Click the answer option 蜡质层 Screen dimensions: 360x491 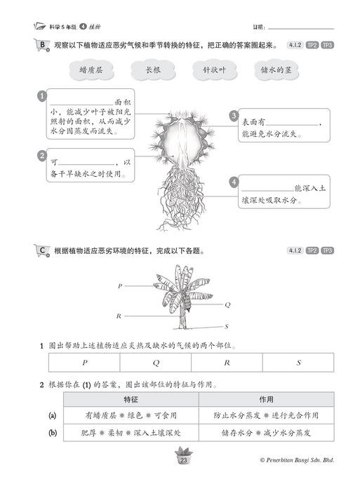92,70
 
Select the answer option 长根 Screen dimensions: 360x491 153,70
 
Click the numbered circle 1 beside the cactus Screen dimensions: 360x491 42,96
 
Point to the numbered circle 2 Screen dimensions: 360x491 42,155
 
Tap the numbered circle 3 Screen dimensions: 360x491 233,116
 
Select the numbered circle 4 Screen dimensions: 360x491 233,182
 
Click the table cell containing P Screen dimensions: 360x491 84,363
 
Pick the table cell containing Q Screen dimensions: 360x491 156,363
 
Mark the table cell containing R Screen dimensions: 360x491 227,363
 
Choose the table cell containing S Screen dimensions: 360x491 298,363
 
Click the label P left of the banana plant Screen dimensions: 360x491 120,286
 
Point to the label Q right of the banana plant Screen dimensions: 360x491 227,305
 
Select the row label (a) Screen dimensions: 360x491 52,415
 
